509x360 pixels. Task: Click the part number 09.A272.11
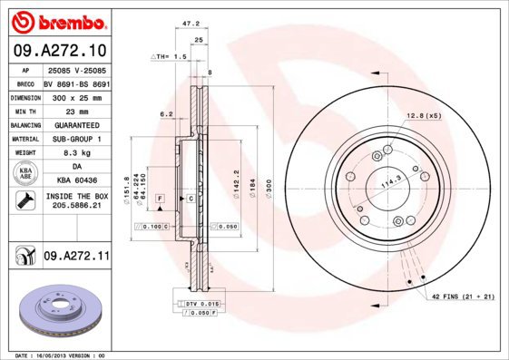[x=75, y=258]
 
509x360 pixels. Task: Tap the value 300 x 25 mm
[x=76, y=95]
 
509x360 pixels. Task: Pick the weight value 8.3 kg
[x=76, y=153]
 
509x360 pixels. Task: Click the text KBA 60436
[x=76, y=181]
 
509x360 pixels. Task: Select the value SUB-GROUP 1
[x=76, y=139]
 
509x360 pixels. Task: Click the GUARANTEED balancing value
[x=76, y=124]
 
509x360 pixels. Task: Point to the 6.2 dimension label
[x=166, y=114]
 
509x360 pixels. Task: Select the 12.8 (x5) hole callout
[x=423, y=115]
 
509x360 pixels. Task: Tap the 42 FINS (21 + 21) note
[x=461, y=296]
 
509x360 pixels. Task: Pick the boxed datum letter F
[x=160, y=197]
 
